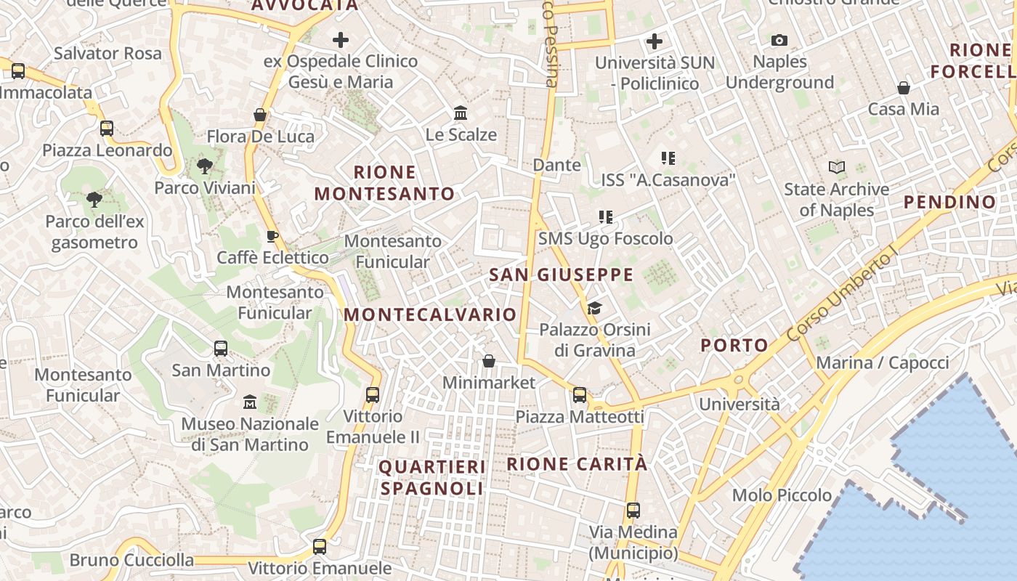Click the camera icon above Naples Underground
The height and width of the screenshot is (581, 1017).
point(779,40)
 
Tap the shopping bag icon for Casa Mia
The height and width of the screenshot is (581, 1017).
point(904,88)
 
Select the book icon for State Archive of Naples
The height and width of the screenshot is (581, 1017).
point(837,168)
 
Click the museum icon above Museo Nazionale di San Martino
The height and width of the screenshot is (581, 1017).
point(250,402)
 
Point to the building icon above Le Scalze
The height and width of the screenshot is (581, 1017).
point(461,113)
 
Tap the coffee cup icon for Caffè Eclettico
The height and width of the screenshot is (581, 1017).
point(272,236)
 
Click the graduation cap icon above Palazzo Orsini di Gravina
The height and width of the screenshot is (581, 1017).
point(594,309)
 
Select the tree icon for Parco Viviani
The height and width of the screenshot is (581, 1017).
point(205,166)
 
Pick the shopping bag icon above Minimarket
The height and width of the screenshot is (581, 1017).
point(489,361)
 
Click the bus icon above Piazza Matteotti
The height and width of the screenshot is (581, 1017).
point(580,395)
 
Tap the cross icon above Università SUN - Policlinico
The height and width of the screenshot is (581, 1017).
point(655,41)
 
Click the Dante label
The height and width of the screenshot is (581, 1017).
point(557,165)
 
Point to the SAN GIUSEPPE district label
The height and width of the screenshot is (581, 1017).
point(561,275)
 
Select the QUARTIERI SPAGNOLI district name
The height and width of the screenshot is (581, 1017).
point(431,477)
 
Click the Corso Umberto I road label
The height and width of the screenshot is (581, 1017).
point(843,298)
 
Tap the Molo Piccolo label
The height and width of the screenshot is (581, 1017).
point(782,495)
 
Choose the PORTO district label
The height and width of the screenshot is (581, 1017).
point(734,345)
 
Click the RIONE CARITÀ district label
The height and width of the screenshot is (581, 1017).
point(576,464)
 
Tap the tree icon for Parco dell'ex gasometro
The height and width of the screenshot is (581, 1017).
point(94,199)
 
